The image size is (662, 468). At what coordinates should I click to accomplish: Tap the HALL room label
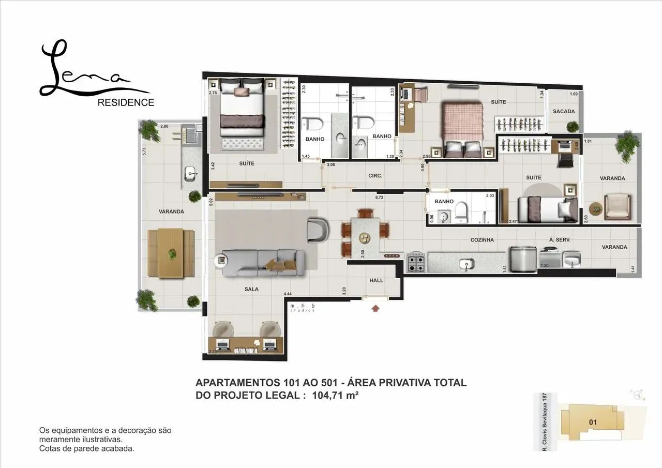376,280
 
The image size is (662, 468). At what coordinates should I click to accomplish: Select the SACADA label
563,111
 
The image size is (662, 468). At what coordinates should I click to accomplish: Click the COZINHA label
482,240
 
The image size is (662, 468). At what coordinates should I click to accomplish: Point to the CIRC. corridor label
375,176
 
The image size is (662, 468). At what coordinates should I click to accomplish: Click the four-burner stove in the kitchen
417,262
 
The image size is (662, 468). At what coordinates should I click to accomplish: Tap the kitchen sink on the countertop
467,264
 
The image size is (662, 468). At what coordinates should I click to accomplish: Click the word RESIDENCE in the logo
126,102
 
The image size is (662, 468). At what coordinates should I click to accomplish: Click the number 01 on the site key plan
593,422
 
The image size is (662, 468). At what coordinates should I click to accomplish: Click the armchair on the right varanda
616,206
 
